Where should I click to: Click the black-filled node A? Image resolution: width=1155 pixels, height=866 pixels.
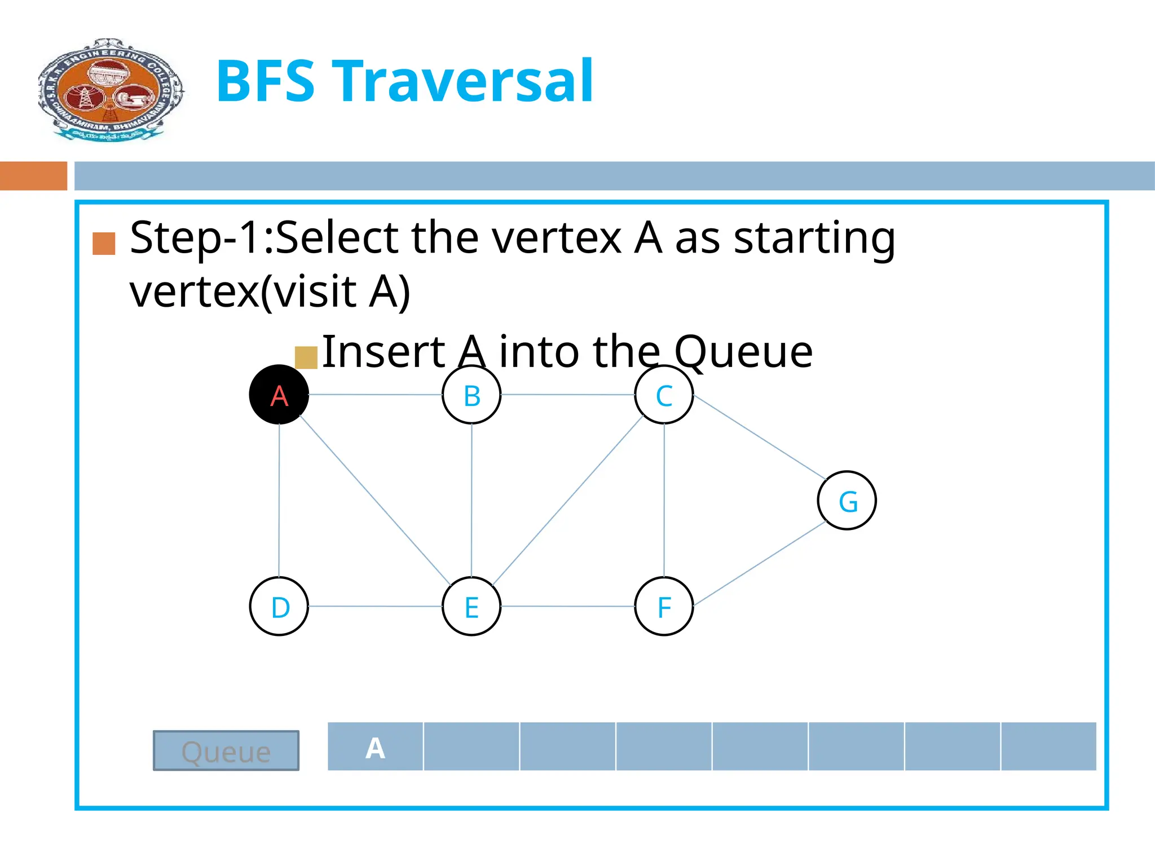[279, 395]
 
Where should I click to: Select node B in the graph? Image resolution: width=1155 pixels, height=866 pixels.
[471, 395]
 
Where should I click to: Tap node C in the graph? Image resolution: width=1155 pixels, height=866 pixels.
[664, 395]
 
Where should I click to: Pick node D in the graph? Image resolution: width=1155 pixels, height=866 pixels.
[279, 606]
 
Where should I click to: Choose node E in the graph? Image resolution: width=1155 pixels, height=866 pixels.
[471, 606]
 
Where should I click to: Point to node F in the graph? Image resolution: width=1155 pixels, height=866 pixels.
[664, 606]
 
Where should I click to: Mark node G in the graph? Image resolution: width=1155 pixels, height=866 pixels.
[847, 500]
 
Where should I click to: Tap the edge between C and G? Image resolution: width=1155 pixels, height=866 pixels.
[759, 436]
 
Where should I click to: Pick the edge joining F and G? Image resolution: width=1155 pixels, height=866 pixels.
[759, 564]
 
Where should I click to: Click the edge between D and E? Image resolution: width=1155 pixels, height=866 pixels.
[375, 606]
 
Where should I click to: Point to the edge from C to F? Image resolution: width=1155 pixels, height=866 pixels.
[664, 501]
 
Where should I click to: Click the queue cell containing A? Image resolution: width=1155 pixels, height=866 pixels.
[375, 746]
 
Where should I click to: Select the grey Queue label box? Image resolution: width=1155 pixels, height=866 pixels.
[226, 750]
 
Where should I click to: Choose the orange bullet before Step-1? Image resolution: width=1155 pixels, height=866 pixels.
[104, 244]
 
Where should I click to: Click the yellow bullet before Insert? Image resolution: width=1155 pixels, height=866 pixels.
[306, 357]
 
